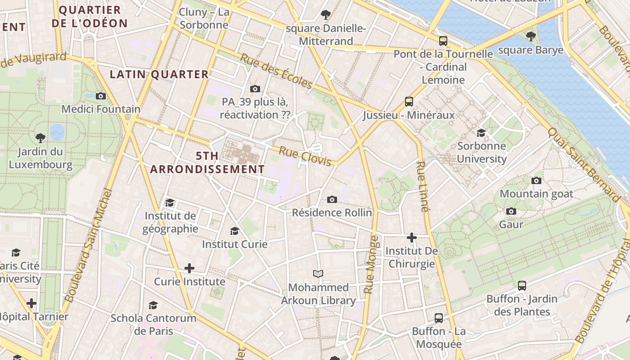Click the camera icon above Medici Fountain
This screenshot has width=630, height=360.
pyautogui.click(x=101, y=96)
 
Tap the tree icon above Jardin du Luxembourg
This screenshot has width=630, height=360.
pyautogui.click(x=40, y=138)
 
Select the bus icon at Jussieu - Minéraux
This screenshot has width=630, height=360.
pyautogui.click(x=409, y=102)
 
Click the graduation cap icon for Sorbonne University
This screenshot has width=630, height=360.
pyautogui.click(x=481, y=133)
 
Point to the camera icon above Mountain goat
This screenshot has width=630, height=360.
pyautogui.click(x=536, y=181)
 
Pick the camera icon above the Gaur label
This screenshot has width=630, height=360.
pyautogui.click(x=511, y=211)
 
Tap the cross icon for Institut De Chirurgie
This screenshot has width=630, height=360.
pyautogui.click(x=411, y=238)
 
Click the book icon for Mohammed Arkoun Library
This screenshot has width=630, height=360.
pyautogui.click(x=318, y=274)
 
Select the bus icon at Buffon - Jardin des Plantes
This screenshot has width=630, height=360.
pyautogui.click(x=522, y=285)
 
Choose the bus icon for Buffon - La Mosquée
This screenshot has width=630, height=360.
pyautogui.click(x=439, y=318)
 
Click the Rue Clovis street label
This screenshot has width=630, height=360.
pyautogui.click(x=305, y=156)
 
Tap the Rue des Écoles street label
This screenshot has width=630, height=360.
pyautogui.click(x=276, y=71)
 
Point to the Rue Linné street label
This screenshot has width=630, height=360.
pyautogui.click(x=422, y=186)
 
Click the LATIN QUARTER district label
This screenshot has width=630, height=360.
pyautogui.click(x=159, y=75)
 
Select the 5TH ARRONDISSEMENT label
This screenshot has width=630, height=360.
pyautogui.click(x=207, y=162)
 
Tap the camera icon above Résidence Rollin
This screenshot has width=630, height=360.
pyautogui.click(x=332, y=199)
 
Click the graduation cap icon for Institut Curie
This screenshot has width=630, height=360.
pyautogui.click(x=234, y=231)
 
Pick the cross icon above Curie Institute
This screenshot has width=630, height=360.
pyautogui.click(x=189, y=269)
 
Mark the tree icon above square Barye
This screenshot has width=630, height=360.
pyautogui.click(x=531, y=36)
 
